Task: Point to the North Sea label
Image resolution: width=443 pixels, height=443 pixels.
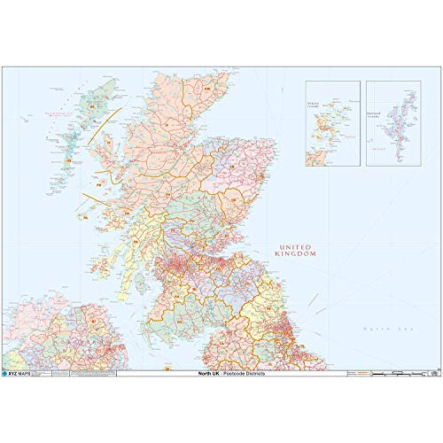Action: click(x=384, y=330)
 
